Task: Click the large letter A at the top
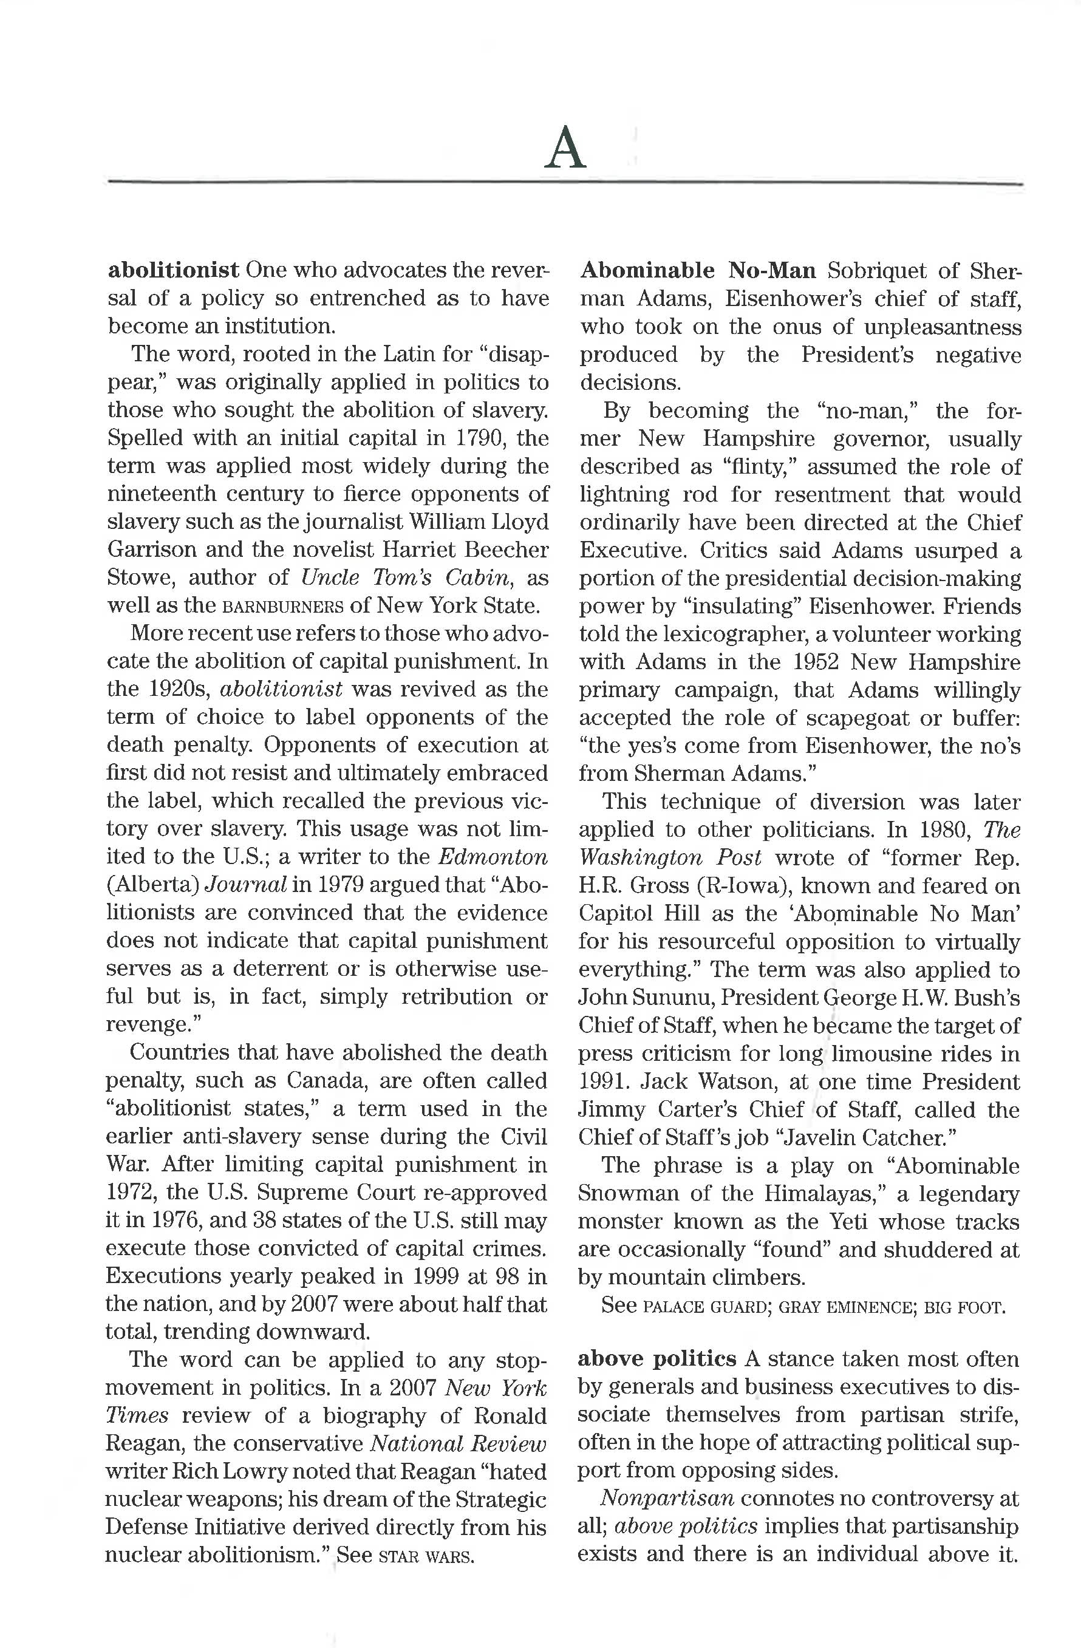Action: coord(565,148)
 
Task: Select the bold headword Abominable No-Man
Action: coord(697,270)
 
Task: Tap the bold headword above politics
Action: coord(656,1358)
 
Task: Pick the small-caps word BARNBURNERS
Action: coord(283,607)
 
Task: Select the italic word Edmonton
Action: coord(493,857)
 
